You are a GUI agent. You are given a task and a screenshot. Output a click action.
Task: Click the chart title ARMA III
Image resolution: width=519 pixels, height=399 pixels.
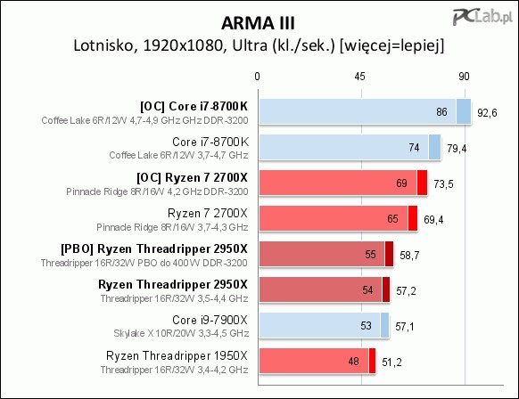click(258, 23)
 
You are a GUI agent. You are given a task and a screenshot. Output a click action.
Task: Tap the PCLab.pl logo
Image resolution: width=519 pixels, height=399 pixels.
click(483, 16)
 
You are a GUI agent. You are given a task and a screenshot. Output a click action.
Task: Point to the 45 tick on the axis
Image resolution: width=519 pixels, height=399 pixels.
click(359, 77)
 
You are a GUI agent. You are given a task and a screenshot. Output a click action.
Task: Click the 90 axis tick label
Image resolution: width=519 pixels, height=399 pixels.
click(464, 77)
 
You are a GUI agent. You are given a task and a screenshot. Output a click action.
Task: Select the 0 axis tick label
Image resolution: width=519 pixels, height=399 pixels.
click(257, 77)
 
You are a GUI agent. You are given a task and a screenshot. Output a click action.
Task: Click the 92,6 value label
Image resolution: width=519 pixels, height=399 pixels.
click(487, 113)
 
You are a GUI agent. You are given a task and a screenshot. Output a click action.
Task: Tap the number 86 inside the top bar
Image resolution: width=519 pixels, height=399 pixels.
click(441, 112)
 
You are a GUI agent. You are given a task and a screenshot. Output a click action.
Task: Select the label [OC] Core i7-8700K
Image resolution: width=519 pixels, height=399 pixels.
click(194, 107)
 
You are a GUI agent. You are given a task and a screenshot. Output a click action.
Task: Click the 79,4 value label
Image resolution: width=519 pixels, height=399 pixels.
click(457, 149)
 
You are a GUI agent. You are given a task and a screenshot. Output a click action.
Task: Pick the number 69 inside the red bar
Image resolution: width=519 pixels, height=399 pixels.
click(401, 183)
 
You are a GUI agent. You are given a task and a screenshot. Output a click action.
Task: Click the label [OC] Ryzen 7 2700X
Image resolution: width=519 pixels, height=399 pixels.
click(192, 178)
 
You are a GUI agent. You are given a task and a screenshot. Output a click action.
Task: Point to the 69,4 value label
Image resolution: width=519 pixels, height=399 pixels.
click(433, 220)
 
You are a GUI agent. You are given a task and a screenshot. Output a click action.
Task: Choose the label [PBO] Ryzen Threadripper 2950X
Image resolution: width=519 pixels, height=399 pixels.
click(154, 248)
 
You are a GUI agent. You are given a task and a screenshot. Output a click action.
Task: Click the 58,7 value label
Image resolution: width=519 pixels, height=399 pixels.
click(409, 256)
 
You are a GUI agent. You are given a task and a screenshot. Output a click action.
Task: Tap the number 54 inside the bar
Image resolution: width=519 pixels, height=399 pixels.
click(367, 290)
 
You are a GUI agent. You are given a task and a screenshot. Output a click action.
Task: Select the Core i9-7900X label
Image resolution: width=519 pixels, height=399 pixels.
click(210, 320)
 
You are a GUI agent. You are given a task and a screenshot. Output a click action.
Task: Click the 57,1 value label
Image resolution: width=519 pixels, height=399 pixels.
click(405, 327)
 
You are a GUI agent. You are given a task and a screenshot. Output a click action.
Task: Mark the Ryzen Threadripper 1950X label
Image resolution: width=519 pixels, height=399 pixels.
click(177, 355)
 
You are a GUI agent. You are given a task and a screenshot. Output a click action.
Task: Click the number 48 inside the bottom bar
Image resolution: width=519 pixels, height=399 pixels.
click(353, 362)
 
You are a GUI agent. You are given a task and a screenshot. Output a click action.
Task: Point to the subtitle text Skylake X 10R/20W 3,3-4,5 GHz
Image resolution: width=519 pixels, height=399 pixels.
click(181, 333)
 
